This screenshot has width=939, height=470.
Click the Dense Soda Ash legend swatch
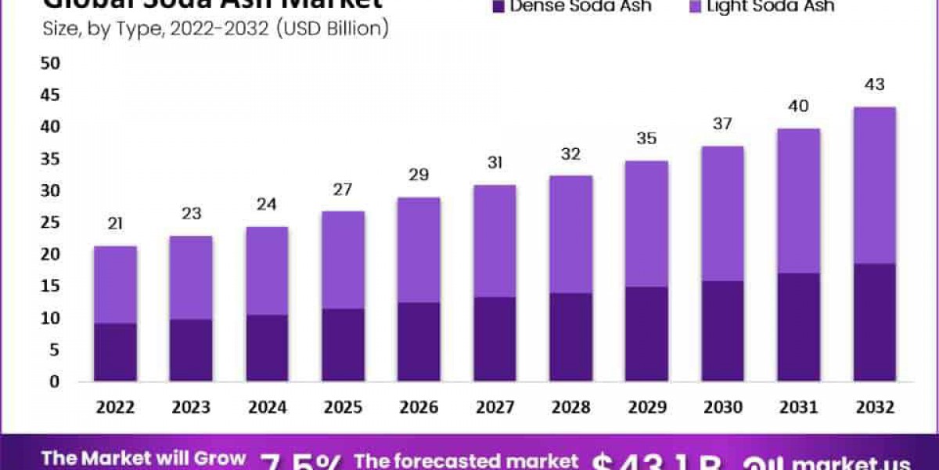click(498, 6)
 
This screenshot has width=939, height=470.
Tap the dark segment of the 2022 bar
click(115, 352)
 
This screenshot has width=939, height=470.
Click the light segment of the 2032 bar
click(874, 186)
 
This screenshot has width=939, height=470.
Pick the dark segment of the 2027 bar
click(495, 339)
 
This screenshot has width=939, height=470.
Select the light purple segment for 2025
click(343, 260)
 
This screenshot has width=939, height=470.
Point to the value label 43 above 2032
click(875, 85)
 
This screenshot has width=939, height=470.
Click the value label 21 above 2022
click(115, 225)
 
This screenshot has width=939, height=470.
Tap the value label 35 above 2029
click(647, 139)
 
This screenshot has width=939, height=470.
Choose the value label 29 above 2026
click(419, 175)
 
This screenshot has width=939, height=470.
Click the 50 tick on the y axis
click(49, 63)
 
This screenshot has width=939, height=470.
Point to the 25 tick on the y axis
click(49, 222)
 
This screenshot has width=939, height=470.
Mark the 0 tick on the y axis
click(54, 381)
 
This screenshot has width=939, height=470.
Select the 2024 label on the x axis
click(267, 408)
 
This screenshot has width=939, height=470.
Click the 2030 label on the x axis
click(723, 408)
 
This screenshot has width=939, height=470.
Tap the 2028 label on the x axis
click(570, 408)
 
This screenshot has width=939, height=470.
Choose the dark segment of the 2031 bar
click(798, 327)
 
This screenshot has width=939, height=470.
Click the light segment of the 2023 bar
click(191, 277)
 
